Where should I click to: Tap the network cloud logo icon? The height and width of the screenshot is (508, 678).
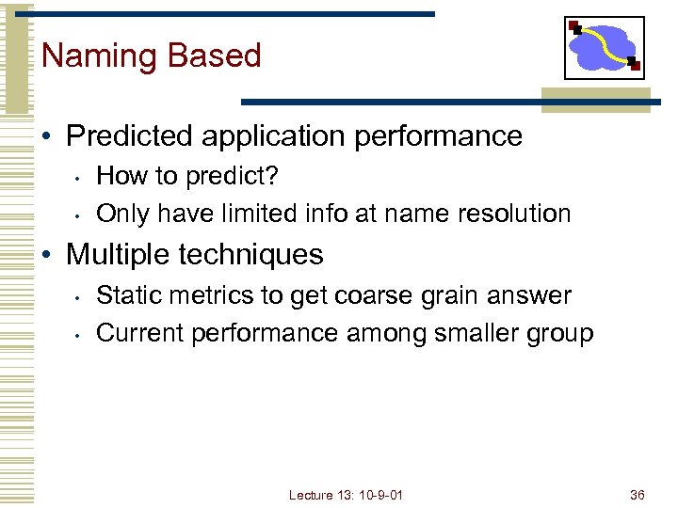tap(604, 48)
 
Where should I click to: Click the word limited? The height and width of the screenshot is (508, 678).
tap(257, 214)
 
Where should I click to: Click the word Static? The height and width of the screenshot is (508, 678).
tap(125, 295)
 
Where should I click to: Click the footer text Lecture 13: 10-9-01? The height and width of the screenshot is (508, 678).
tap(346, 495)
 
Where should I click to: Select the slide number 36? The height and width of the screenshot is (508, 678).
tap(638, 495)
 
